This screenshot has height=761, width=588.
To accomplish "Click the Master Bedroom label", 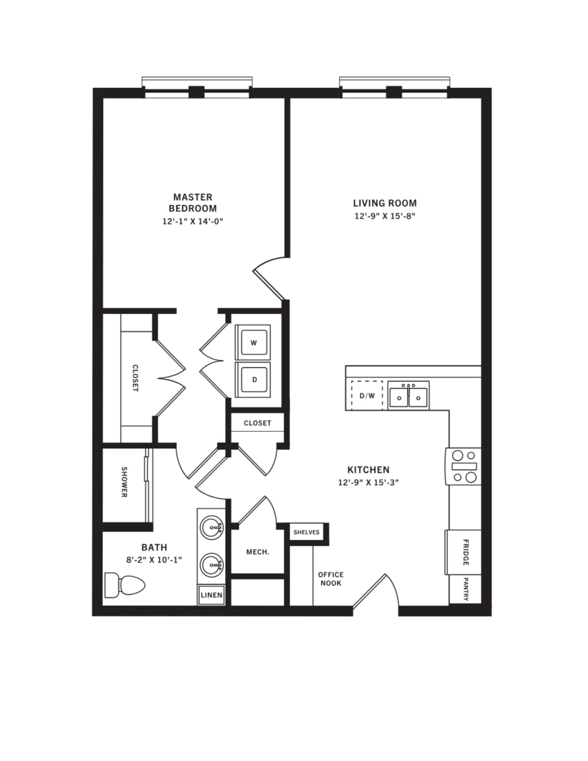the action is point(193,203).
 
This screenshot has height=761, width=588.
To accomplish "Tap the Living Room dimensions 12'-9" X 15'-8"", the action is point(384,216).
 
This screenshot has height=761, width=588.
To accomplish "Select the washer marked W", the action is point(253,343).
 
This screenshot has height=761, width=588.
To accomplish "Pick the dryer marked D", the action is point(253,379).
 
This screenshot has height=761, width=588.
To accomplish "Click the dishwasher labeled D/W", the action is point(367,396).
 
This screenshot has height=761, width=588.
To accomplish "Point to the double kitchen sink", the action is point(408,396).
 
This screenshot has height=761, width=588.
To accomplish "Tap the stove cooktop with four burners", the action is point(464,466).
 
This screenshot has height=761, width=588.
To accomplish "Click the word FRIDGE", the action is point(465,552).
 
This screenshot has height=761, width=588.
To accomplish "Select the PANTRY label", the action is point(465,590).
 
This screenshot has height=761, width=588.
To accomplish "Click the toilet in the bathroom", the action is point(125,585).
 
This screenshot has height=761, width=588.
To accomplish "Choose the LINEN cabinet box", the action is point(211,595).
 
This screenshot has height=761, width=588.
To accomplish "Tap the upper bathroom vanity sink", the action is point(211,527).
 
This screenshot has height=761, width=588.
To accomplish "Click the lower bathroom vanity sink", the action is point(211,564).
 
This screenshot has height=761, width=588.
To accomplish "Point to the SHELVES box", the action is point(307,532).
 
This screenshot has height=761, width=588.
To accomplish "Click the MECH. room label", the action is point(258,552).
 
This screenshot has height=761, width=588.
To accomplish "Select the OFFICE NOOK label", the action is point(331,579).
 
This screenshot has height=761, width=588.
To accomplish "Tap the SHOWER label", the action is point(124,482).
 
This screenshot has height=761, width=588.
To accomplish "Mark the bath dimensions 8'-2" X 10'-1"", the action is point(154,560).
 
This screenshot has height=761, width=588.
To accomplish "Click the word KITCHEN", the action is point(368,470).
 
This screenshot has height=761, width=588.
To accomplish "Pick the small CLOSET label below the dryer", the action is point(257,423).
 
